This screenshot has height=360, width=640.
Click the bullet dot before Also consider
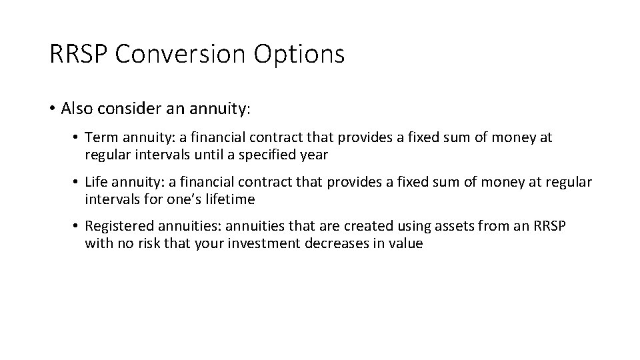[x=53, y=108]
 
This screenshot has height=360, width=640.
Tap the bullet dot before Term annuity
[x=77, y=137]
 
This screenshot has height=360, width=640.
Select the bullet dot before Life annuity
[x=77, y=183]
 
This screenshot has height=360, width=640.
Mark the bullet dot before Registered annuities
[x=77, y=227]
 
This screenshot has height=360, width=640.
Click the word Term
[x=100, y=137]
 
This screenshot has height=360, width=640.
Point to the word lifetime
[x=231, y=199]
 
